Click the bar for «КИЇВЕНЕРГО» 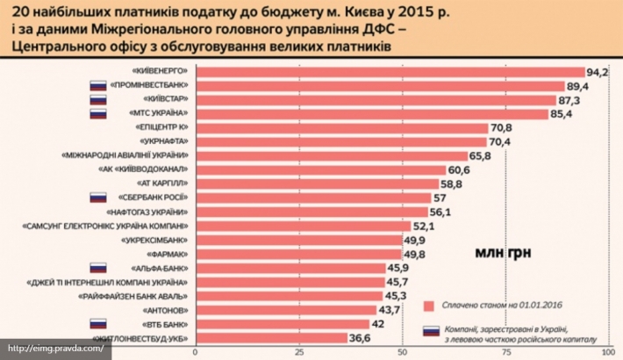pyautogui.click(x=386, y=72)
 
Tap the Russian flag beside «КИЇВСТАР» pyautogui.click(x=99, y=100)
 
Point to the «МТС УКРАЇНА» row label pyautogui.click(x=153, y=114)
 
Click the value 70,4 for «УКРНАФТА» pyautogui.click(x=500, y=142)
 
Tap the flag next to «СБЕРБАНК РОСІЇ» pyautogui.click(x=99, y=198)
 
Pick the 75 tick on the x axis pyautogui.click(x=507, y=352)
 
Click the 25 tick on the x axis pyautogui.click(x=299, y=352)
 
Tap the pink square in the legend pyautogui.click(x=429, y=306)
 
